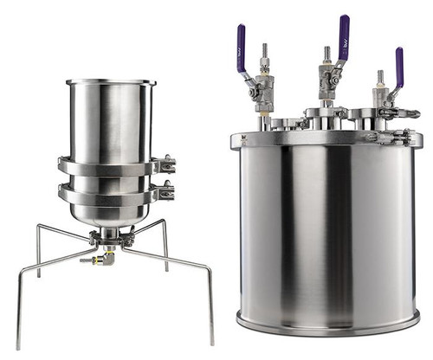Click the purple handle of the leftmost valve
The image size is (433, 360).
[x=241, y=39]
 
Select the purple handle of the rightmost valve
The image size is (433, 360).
[x=399, y=63]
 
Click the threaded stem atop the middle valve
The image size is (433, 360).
[x=326, y=54]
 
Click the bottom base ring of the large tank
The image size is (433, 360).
[x=329, y=328]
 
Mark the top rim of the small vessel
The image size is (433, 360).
[x=111, y=82]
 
